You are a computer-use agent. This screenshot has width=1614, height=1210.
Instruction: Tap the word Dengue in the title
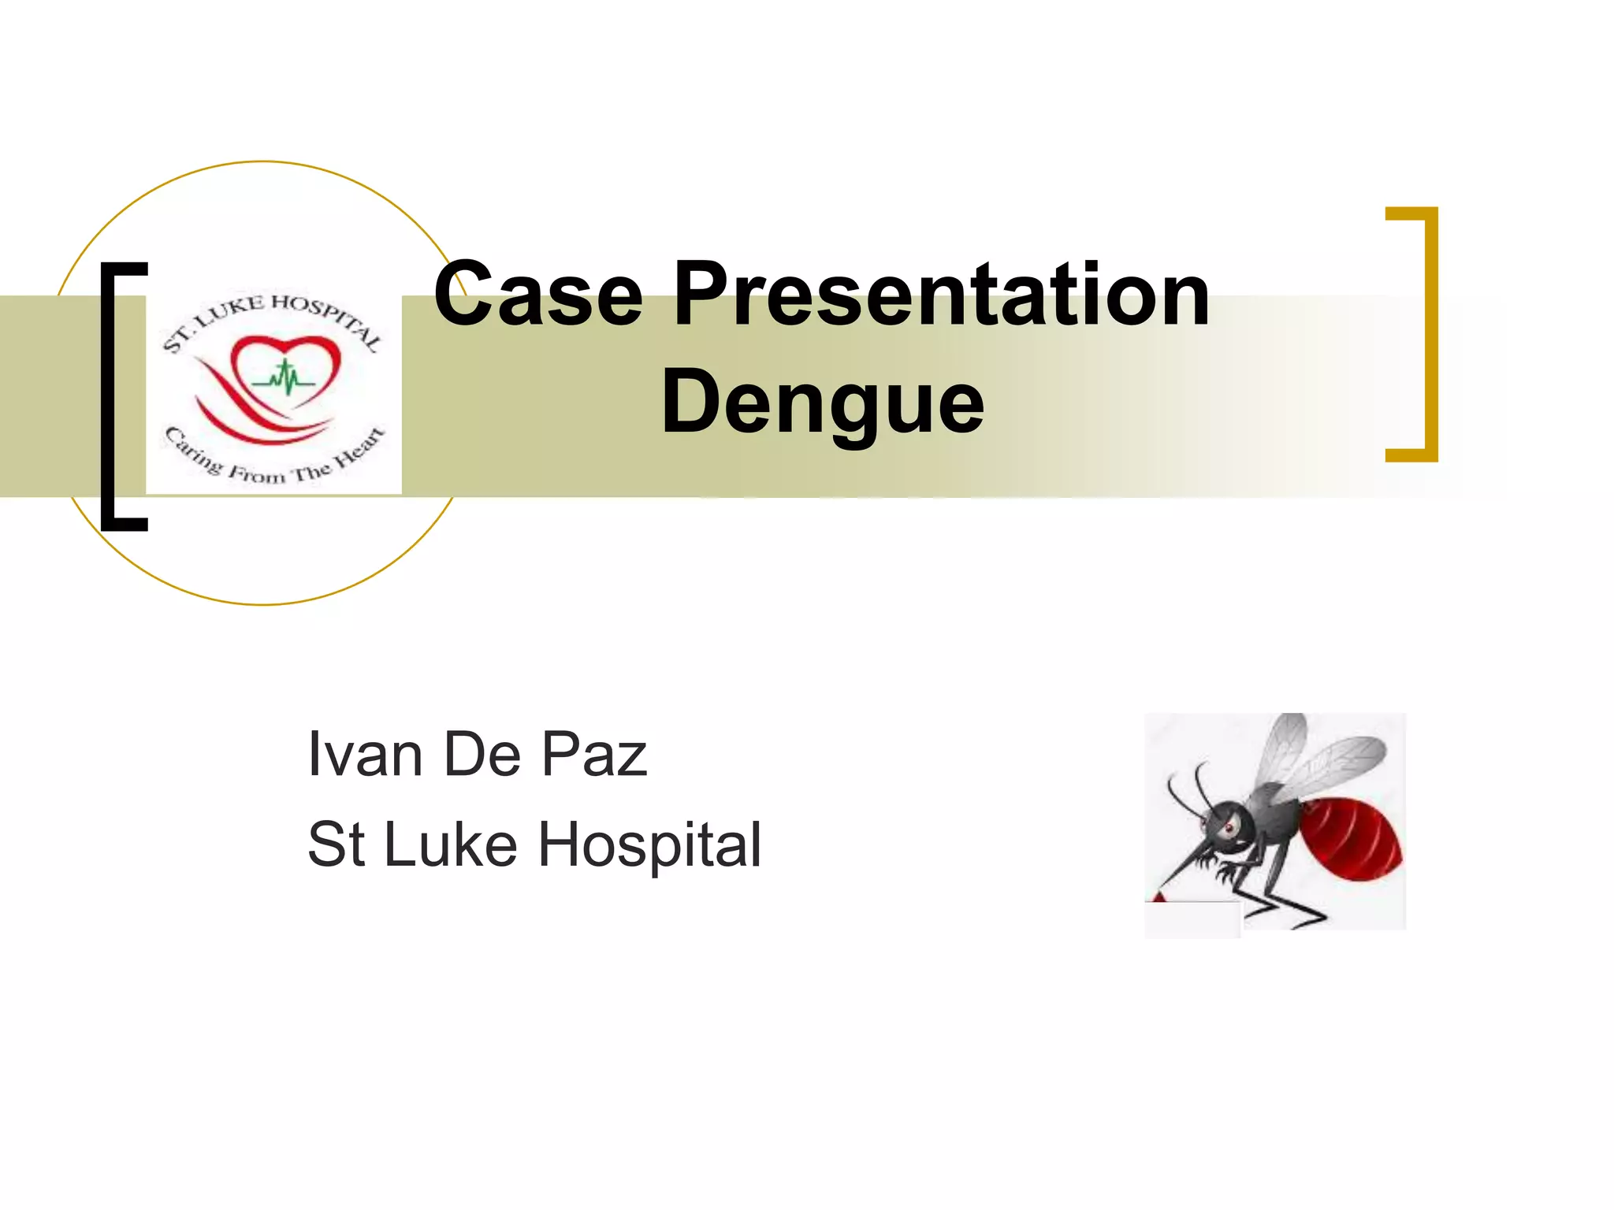click(822, 402)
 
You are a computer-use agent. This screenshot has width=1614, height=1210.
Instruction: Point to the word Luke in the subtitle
click(450, 844)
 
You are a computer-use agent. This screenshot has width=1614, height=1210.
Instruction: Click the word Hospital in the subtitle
click(649, 844)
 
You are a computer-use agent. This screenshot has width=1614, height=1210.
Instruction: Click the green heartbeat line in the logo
click(284, 380)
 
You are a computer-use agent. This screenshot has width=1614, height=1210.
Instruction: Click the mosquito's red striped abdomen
click(1348, 837)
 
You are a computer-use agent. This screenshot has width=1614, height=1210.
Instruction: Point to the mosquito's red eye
click(1227, 830)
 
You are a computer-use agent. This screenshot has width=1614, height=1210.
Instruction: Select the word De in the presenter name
click(482, 754)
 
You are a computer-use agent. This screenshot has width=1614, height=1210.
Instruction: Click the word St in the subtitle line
click(336, 844)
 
